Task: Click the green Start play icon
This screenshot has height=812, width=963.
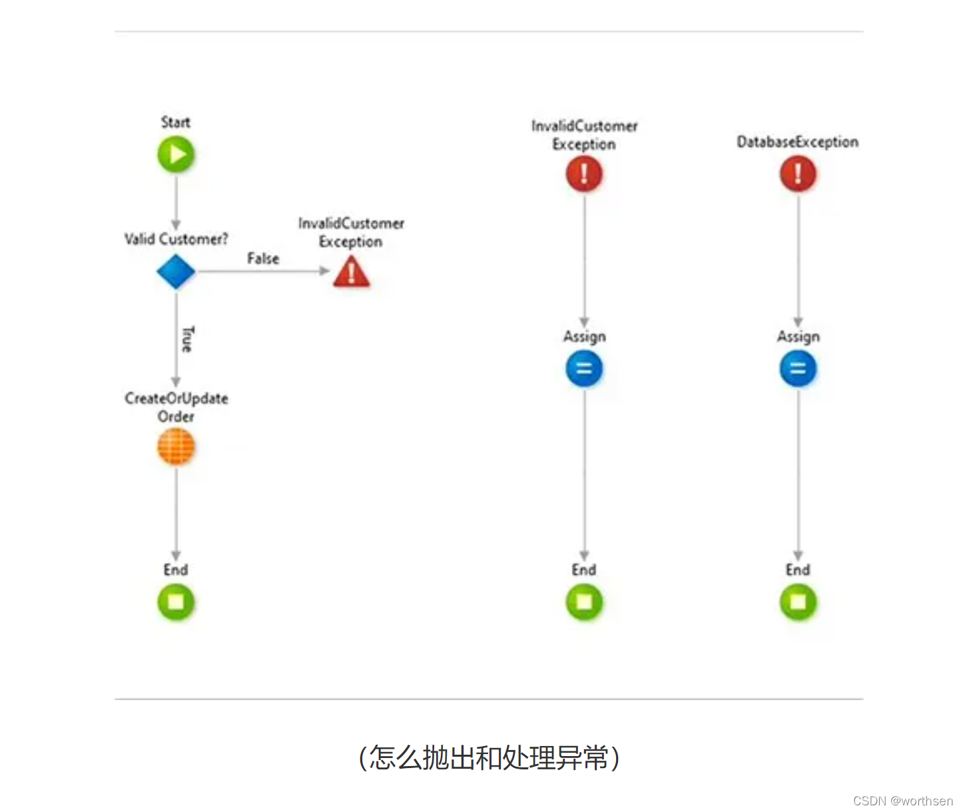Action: point(176,155)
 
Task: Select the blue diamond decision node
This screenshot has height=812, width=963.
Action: point(176,272)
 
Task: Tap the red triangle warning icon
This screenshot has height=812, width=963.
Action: point(352,272)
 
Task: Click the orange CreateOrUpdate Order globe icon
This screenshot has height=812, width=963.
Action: point(176,446)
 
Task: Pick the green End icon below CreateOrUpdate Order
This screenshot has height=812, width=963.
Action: point(176,602)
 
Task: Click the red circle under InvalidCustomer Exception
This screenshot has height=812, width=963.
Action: point(584,174)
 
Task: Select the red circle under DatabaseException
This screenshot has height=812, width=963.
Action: point(798,174)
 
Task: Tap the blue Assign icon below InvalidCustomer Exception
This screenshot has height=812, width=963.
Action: point(584,368)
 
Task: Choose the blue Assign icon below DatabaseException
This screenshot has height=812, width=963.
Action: point(798,368)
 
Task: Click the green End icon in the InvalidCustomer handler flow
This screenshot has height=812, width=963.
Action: point(584,602)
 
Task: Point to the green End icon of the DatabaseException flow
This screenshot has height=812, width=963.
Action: point(798,602)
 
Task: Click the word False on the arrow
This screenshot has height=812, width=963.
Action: point(263,258)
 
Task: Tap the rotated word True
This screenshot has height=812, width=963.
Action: point(188,339)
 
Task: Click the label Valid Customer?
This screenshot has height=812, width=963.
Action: point(176,239)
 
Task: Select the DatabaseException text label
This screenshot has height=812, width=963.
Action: point(797,142)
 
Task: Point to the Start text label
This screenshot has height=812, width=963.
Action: point(176,123)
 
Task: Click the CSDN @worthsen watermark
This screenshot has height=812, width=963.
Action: point(902,801)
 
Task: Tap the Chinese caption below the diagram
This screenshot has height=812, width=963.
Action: point(489,757)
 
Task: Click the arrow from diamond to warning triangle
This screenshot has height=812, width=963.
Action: point(263,271)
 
